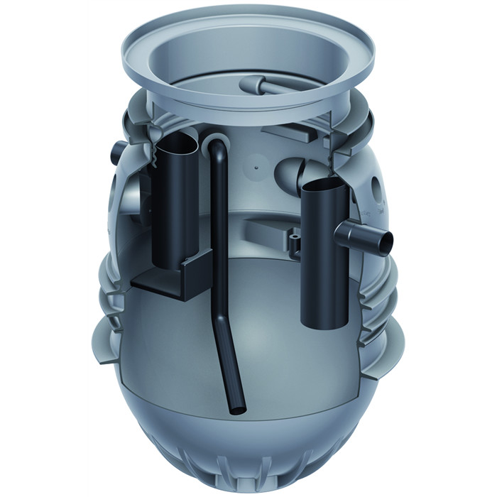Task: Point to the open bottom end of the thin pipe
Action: point(237,410)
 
